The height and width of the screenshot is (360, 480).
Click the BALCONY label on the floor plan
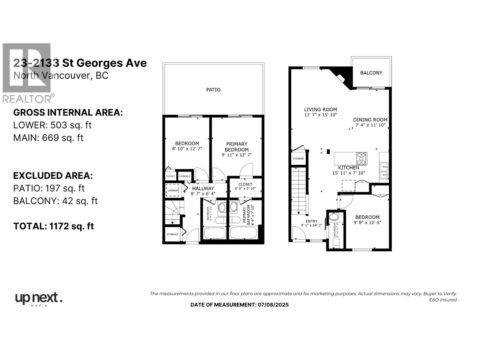[371, 73]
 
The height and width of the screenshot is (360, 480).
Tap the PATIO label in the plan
[213, 90]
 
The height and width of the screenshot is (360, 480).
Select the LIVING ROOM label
[320, 109]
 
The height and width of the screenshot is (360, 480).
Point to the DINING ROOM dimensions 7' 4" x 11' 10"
[370, 125]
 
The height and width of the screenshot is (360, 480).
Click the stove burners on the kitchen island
[361, 158]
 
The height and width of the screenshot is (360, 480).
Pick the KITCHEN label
[348, 168]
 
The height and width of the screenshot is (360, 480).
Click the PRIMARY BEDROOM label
[236, 147]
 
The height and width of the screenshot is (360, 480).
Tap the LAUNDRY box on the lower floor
[173, 190]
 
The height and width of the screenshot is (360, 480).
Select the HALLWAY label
[203, 188]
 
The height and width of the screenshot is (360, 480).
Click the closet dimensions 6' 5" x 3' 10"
[245, 189]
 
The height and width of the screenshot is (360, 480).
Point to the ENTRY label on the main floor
[311, 221]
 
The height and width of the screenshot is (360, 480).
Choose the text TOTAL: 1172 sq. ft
[53, 226]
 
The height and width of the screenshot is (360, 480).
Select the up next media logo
[38, 299]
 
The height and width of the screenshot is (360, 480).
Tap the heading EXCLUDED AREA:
[53, 175]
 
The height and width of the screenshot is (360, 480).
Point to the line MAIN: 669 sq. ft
[48, 138]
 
